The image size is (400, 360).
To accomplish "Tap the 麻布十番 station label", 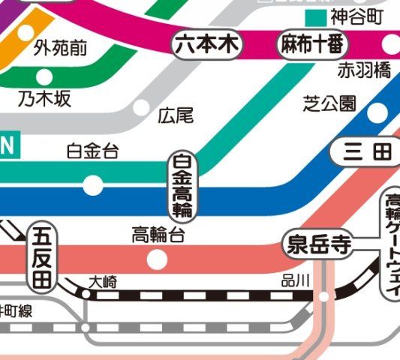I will click(x=314, y=45).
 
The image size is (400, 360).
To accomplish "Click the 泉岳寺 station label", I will click(x=319, y=244).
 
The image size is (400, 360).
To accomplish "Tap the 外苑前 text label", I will click(x=61, y=49).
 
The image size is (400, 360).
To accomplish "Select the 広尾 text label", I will click(x=177, y=115).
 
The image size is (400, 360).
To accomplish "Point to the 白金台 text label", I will click(x=92, y=151).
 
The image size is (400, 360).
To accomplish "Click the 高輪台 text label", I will click(x=158, y=235).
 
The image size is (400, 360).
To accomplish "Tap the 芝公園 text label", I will click(x=329, y=103).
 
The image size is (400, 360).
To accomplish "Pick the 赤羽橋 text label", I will click(x=364, y=71).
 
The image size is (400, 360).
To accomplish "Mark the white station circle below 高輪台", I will click(x=158, y=259).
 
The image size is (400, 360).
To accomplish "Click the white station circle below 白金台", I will click(x=93, y=184).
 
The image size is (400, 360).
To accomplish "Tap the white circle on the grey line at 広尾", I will click(x=141, y=107).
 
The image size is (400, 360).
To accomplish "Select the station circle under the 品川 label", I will click(x=323, y=297).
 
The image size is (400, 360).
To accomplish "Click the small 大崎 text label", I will click(x=103, y=282).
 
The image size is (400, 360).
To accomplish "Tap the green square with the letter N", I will click(x=9, y=147).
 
